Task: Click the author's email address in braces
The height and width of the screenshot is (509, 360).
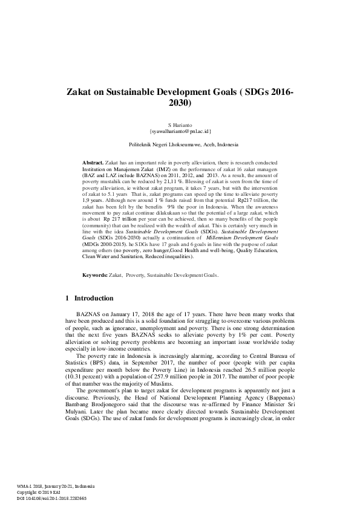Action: (180, 131)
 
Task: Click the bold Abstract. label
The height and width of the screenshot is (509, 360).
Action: (93, 163)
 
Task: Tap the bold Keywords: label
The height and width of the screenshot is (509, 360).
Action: (94, 275)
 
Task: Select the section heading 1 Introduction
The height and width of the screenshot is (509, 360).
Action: (89, 298)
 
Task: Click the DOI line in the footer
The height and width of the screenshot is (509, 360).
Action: (51, 498)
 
